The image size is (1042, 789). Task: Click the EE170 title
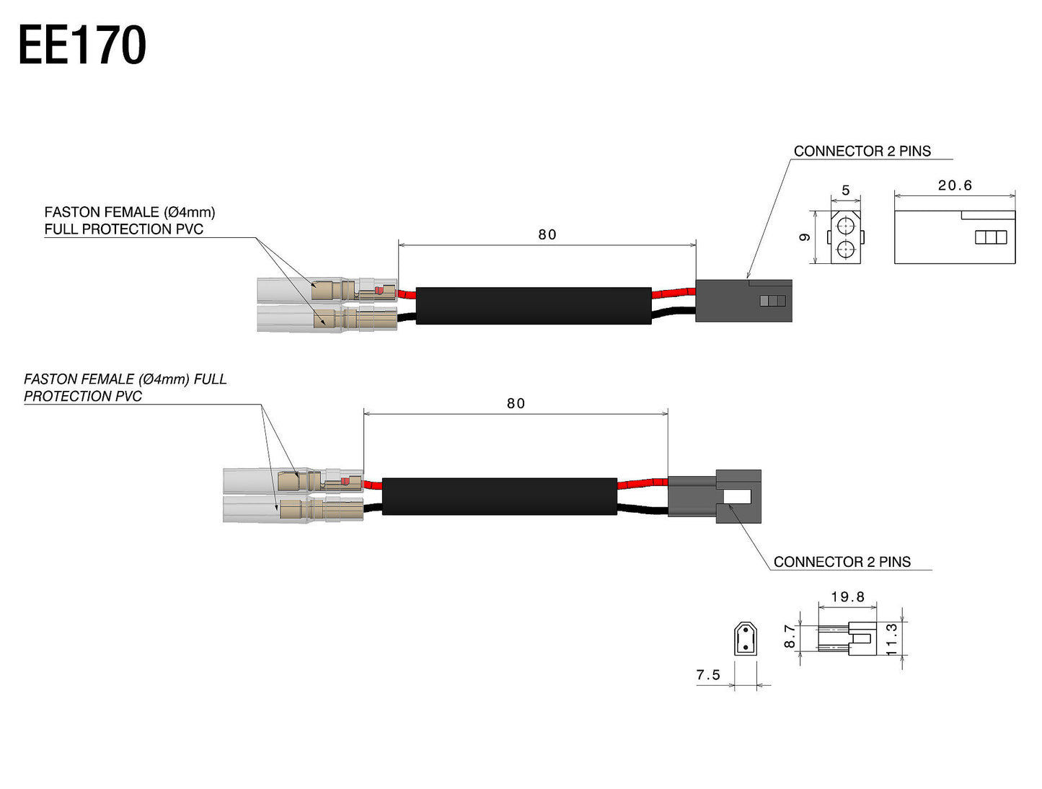[x=82, y=45]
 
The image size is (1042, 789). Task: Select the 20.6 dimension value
[x=955, y=185]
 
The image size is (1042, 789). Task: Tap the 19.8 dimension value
[x=847, y=596]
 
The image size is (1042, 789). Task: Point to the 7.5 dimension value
[x=708, y=675]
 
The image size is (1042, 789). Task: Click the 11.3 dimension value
[x=892, y=639]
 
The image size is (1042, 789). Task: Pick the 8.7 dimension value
[x=790, y=636]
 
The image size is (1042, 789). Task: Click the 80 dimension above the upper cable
[x=547, y=234]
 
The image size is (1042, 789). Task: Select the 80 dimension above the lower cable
[x=516, y=403]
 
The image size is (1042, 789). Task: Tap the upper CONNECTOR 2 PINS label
[x=862, y=151]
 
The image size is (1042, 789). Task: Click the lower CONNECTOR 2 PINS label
[x=842, y=562]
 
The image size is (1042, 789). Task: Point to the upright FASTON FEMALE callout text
[x=130, y=221]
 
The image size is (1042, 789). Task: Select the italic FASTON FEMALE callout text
[x=125, y=387]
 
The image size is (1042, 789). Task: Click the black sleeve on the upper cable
[x=534, y=305]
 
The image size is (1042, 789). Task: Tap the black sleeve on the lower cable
[x=499, y=496]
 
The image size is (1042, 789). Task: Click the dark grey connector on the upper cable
[x=743, y=300]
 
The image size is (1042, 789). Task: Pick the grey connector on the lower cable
[x=714, y=496]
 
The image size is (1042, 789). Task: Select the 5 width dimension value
[x=846, y=190]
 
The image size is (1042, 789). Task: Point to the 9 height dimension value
[x=805, y=237]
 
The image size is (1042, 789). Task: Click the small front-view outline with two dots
[x=745, y=639]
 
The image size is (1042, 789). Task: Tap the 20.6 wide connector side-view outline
[x=954, y=237]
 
